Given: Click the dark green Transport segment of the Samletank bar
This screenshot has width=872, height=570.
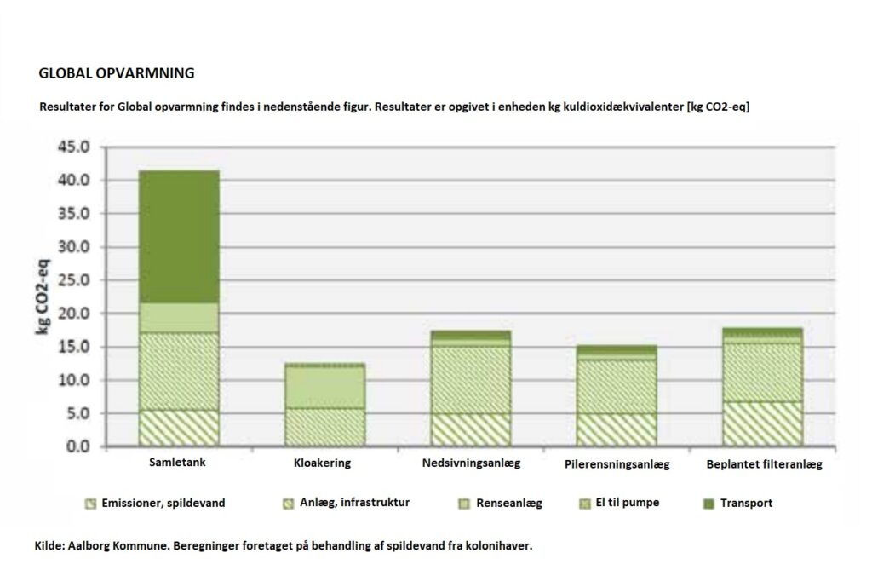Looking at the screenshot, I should [x=179, y=236].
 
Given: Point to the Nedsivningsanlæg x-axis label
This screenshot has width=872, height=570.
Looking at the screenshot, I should [x=470, y=463].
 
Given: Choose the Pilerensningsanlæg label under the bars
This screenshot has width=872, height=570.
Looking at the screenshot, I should [x=617, y=464].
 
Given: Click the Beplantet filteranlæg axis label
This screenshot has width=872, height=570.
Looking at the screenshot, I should [x=764, y=464].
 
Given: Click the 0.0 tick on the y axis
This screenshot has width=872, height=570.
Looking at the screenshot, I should [x=78, y=446].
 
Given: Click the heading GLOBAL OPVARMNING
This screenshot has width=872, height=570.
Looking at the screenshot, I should [x=117, y=73].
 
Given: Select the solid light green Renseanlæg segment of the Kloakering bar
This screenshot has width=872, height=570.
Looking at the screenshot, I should [x=325, y=387].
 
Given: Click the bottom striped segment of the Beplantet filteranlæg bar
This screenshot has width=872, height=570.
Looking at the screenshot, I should [x=763, y=423].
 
